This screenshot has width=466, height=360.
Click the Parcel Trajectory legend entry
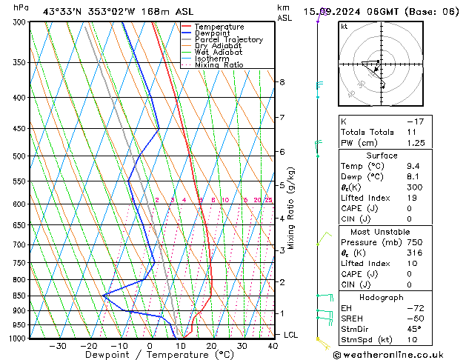pos(228,39)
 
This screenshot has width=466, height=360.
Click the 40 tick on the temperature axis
pos(273,346)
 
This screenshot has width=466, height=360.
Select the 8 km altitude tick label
pos(282,82)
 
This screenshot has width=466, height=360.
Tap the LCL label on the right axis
pos(291,335)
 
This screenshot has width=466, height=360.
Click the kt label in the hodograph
pos(344,26)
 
